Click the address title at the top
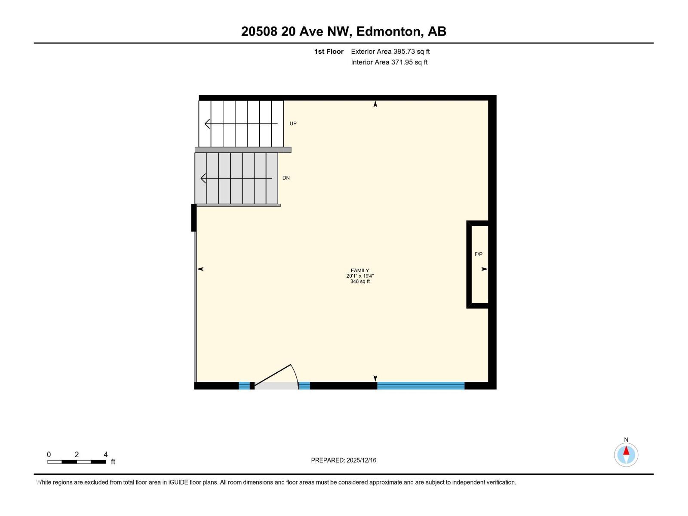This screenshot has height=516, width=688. point(344,31)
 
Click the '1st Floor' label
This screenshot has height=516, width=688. point(329,52)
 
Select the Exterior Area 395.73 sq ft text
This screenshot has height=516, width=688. point(390,52)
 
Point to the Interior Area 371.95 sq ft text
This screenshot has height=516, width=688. point(389,62)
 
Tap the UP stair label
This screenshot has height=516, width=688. point(293,124)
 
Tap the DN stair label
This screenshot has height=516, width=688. point(286,178)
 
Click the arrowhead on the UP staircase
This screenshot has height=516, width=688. point(207,124)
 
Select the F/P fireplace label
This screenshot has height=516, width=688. point(478,255)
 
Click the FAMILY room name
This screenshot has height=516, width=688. point(360,270)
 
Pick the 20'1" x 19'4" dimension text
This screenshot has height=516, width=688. point(360,276)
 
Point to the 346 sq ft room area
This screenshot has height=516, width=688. point(360,282)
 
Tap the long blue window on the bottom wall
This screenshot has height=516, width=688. point(421,386)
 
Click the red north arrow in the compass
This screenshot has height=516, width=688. point(626,451)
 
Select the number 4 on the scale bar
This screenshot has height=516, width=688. point(106,455)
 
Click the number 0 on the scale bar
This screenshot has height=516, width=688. point(49,455)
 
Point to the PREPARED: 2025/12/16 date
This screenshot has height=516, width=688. point(344,460)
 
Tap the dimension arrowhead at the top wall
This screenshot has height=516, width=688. point(375,104)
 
